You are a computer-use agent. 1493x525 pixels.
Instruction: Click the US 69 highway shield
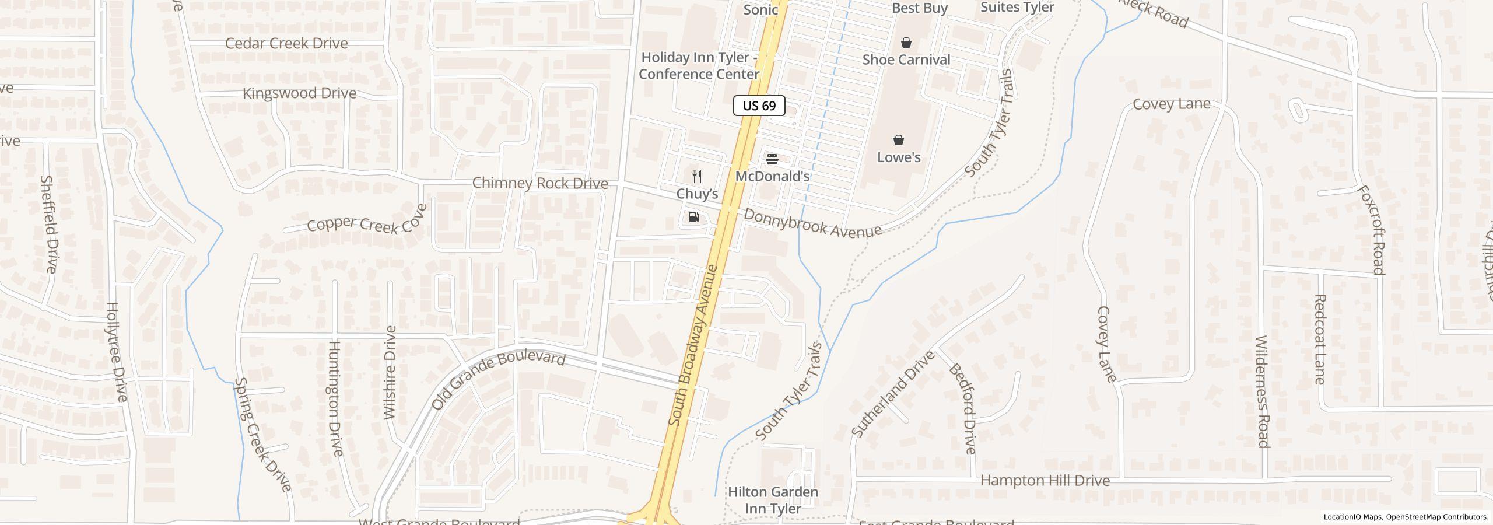(759, 106)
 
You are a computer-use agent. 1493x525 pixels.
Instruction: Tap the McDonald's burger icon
(772, 159)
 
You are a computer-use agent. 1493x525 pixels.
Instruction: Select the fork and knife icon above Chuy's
(696, 177)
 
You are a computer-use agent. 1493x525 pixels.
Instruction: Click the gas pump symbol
(693, 218)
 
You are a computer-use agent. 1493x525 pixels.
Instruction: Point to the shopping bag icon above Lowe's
(899, 141)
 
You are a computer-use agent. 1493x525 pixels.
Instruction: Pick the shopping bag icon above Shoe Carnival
(906, 43)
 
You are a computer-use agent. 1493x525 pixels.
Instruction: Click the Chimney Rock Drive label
(539, 183)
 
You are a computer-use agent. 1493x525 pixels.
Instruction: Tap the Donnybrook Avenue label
(812, 223)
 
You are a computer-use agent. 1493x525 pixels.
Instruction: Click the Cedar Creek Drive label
(286, 44)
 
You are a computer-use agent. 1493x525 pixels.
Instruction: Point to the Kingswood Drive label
(299, 93)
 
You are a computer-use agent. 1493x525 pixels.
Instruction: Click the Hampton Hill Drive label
(1045, 481)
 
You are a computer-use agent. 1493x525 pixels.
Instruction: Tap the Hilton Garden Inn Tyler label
(773, 501)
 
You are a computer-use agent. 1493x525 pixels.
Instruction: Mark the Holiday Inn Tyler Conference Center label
(699, 66)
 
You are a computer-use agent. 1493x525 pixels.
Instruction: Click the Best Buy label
(919, 8)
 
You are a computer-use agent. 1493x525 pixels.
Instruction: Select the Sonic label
(760, 9)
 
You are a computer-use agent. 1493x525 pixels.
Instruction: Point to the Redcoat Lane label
(1319, 339)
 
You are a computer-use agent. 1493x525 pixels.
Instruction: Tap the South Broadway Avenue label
(693, 345)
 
